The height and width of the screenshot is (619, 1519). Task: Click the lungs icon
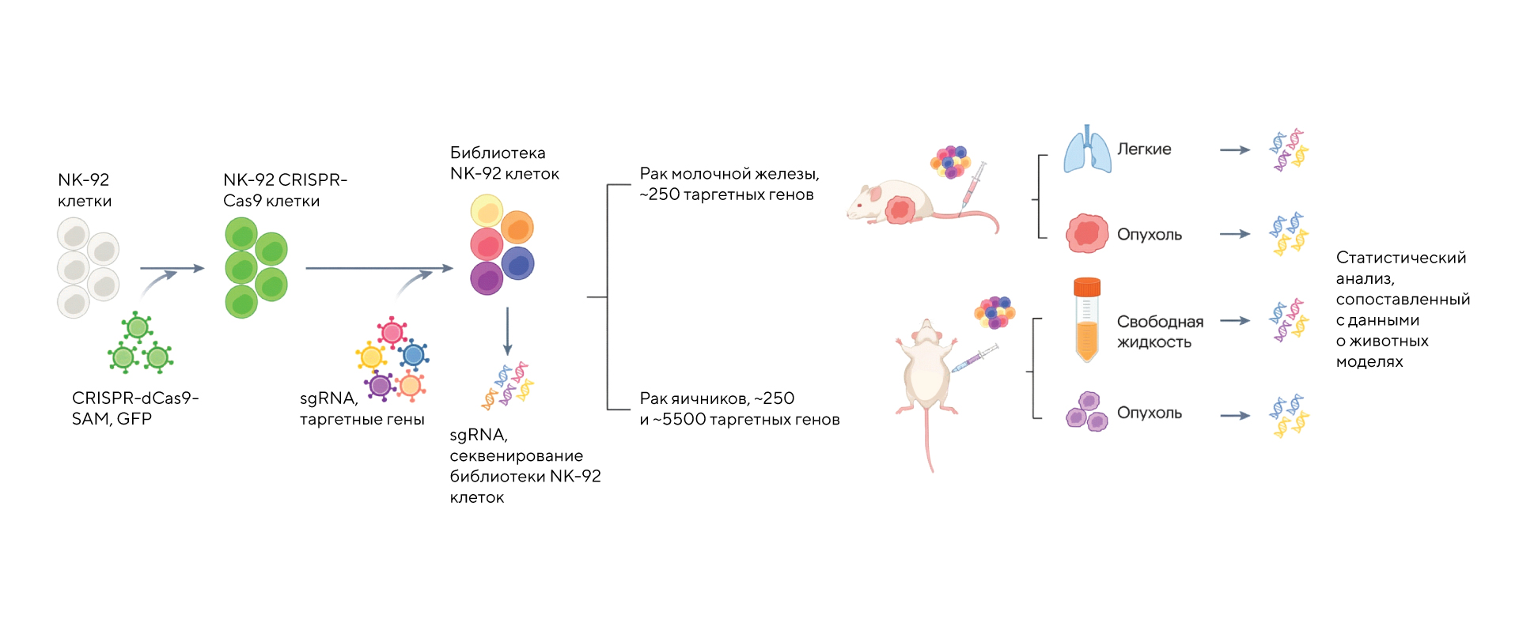point(1087,149)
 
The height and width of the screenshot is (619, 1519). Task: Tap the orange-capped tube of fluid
point(1087,320)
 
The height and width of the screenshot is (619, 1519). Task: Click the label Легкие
point(1144,149)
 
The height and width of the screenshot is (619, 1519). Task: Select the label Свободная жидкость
point(1159,332)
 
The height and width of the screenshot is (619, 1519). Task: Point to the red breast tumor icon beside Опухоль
point(1087,234)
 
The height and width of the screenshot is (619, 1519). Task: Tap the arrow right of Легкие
point(1234,149)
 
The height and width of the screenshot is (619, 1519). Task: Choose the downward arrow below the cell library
point(507,332)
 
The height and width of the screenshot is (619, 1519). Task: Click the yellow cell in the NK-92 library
point(487,211)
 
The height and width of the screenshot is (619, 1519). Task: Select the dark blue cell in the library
point(518,263)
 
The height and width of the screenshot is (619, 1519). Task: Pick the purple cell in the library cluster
point(487,278)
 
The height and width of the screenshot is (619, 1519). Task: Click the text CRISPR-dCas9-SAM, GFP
point(134,408)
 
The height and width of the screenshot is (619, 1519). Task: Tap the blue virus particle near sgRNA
point(413,354)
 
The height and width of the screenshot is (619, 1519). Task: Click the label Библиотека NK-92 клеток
point(504,163)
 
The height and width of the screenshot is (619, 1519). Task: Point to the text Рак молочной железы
point(729,174)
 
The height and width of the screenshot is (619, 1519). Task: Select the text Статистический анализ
point(1400,268)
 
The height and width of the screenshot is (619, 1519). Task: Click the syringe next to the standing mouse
point(974,360)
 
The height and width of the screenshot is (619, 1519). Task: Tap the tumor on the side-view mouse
point(900,210)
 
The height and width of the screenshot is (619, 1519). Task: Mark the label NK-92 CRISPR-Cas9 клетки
point(284,191)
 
